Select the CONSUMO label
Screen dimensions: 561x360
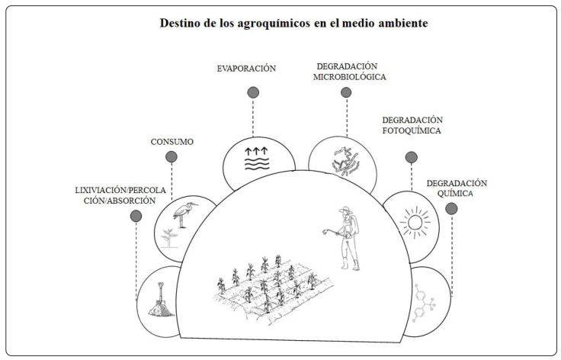pyautogui.click(x=172, y=142)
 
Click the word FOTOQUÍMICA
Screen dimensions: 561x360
pyautogui.click(x=412, y=130)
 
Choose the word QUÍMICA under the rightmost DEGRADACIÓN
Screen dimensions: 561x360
pyautogui.click(x=449, y=194)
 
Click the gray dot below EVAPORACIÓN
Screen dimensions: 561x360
pyautogui.click(x=253, y=92)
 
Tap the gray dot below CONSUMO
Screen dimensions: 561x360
pyautogui.click(x=172, y=157)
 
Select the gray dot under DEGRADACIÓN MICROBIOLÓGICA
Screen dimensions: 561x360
pyautogui.click(x=346, y=92)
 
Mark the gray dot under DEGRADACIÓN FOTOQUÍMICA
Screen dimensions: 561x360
pyautogui.click(x=411, y=157)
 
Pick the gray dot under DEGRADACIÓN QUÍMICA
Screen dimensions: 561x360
pyautogui.click(x=451, y=207)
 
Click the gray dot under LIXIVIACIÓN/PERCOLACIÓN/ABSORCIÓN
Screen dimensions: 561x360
pyautogui.click(x=136, y=217)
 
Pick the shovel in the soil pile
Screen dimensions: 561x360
pyautogui.click(x=161, y=293)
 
